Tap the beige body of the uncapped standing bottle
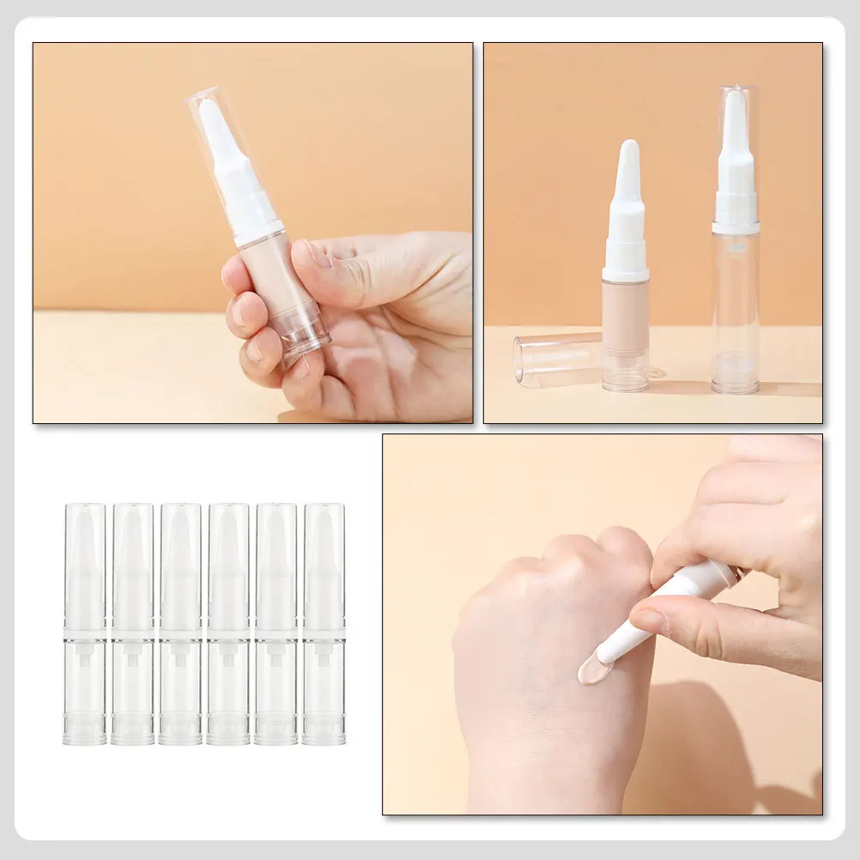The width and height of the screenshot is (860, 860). click(625, 309)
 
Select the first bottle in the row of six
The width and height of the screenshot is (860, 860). click(84, 623)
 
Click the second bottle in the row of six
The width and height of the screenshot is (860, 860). click(132, 623)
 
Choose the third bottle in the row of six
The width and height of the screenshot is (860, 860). click(180, 623)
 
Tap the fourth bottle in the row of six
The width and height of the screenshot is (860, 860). click(228, 623)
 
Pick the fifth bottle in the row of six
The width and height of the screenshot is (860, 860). click(276, 623)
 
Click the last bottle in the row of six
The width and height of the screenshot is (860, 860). click(324, 623)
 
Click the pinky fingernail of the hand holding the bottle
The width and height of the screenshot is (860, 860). click(254, 348)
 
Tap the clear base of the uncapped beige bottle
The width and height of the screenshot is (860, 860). click(625, 372)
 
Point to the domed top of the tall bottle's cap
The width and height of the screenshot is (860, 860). click(736, 91)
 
